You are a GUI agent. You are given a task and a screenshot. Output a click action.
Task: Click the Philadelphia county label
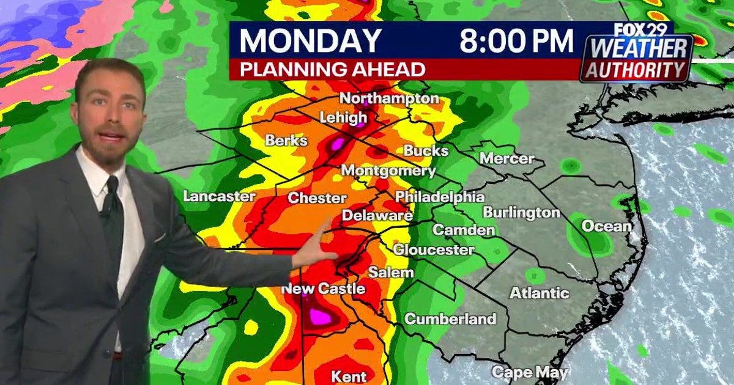coord(439,197)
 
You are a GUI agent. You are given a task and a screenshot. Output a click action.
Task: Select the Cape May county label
coord(530,372)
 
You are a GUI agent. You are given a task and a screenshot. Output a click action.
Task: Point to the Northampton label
coord(389,98)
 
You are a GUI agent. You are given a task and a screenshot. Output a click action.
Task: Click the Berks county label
coord(286,141)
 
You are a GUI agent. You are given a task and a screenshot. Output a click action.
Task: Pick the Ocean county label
coord(606,226)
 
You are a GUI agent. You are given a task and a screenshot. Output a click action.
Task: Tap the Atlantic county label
coord(539,293)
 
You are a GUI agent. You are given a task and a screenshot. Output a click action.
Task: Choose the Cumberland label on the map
coord(450,318)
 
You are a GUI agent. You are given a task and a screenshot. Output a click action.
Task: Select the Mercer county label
coord(506,158)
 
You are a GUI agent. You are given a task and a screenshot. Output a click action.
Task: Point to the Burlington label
coord(521,213)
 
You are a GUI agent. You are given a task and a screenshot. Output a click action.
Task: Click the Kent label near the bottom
coord(349,375)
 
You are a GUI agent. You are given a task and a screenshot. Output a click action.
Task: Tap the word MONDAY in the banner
coord(310,40)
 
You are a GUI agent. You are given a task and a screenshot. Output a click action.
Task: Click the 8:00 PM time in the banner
coord(517,40)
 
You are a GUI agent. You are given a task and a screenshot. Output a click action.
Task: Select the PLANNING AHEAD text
coord(332,70)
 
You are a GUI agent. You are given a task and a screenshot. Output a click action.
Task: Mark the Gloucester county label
coord(433,250)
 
